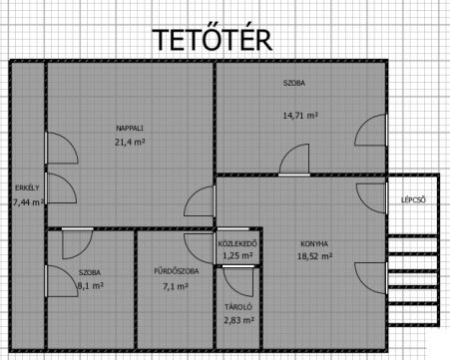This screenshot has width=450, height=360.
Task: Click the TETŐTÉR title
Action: pyautogui.click(x=212, y=39)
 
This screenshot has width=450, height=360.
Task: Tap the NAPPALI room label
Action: pyautogui.click(x=130, y=128)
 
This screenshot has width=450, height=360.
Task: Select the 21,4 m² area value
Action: pyautogui.click(x=130, y=143)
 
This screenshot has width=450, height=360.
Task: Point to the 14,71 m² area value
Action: pyautogui.click(x=300, y=116)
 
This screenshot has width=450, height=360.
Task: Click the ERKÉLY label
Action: pyautogui.click(x=27, y=187)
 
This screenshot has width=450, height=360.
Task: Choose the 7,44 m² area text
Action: pyautogui.click(x=28, y=202)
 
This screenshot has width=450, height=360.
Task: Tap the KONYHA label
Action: pyautogui.click(x=314, y=243)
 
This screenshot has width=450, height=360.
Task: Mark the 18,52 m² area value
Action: pyautogui.click(x=315, y=256)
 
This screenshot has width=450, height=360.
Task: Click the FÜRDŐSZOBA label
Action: pyautogui.click(x=177, y=271)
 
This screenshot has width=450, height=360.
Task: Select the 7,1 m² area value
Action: pyautogui.click(x=176, y=286)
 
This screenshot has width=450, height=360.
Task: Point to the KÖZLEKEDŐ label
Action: pyautogui.click(x=237, y=243)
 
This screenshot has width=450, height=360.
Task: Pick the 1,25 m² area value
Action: pyautogui.click(x=237, y=255)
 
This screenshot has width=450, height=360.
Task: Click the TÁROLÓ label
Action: pyautogui.click(x=238, y=307)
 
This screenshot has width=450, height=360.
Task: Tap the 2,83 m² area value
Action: pyautogui.click(x=239, y=320)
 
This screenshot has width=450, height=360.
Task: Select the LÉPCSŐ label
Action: pyautogui.click(x=413, y=200)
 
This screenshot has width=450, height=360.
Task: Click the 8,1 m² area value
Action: pyautogui.click(x=90, y=285)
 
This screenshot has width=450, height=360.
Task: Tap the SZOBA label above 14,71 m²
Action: pyautogui.click(x=294, y=83)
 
